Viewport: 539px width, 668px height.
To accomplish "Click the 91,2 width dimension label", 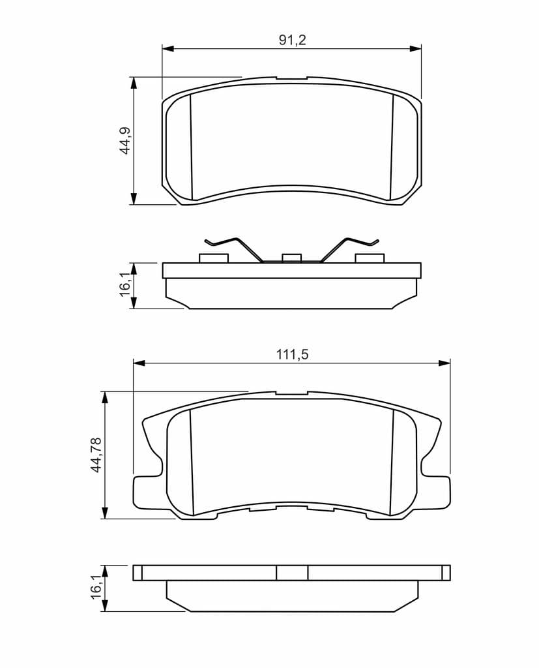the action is click(x=293, y=40).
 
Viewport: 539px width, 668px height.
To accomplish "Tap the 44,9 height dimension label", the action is click(x=126, y=141).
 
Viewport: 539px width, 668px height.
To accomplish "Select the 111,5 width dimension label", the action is click(x=292, y=354).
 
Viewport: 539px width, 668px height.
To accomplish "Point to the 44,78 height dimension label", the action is click(x=96, y=455).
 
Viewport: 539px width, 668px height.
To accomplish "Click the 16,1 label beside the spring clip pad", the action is click(x=126, y=284).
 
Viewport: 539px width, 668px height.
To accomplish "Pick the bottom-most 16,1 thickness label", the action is click(x=96, y=586).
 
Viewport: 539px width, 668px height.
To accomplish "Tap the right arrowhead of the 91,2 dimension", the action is click(x=416, y=48).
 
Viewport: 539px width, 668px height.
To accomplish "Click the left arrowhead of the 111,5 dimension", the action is click(x=139, y=363).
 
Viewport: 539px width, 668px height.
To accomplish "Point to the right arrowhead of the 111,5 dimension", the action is click(x=444, y=363).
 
